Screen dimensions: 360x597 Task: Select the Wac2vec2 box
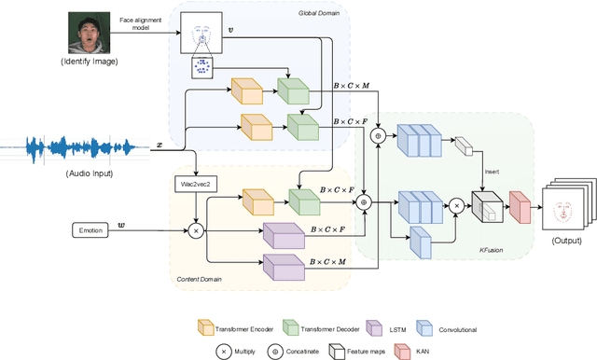click(196, 186)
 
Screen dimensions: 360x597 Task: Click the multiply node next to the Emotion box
click(197, 228)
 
